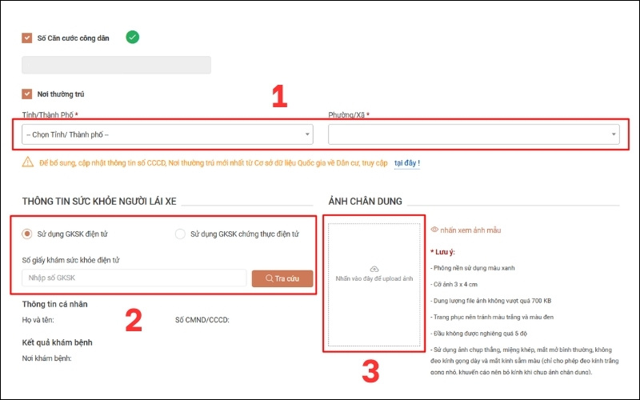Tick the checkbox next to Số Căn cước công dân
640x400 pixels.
(x=27, y=38)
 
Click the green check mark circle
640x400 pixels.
(x=132, y=37)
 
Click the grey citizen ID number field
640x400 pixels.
(x=116, y=65)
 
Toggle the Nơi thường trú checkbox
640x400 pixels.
(x=27, y=94)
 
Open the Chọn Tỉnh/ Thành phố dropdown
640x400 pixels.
(x=167, y=134)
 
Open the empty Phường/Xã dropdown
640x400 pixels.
(x=474, y=134)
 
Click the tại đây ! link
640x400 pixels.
(x=407, y=163)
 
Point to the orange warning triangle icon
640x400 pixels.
(x=28, y=162)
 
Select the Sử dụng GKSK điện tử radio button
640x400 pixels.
(x=27, y=234)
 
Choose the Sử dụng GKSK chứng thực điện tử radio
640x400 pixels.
(x=180, y=234)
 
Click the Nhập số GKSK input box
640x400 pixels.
(x=134, y=278)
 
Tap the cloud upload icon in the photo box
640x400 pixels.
(x=374, y=269)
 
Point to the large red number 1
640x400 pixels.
(x=279, y=96)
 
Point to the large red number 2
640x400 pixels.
(x=134, y=321)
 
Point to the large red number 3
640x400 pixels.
(x=370, y=371)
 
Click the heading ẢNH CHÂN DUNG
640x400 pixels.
(x=365, y=202)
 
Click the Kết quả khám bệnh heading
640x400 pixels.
(x=57, y=342)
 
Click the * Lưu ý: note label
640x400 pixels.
(x=443, y=252)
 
